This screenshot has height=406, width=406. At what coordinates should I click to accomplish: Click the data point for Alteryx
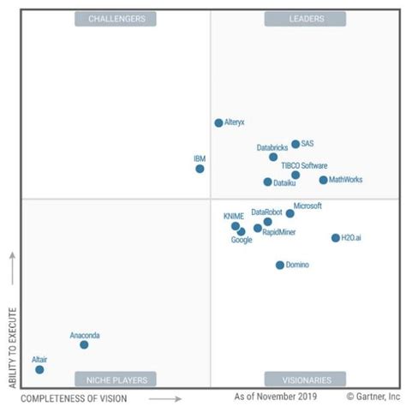218,123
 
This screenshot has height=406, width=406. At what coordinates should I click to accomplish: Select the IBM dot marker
200,169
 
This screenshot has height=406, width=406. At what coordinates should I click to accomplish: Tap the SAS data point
296,145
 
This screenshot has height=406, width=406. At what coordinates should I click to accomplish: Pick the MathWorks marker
323,181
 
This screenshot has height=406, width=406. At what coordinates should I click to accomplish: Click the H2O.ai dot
336,238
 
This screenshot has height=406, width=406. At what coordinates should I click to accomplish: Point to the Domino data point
279,266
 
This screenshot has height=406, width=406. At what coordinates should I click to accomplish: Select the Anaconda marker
84,344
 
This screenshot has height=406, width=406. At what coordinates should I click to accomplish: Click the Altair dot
39,369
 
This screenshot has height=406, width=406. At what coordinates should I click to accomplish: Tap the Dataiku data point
267,182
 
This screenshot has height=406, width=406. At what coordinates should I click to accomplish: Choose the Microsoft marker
290,213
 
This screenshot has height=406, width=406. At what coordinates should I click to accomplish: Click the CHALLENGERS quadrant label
116,18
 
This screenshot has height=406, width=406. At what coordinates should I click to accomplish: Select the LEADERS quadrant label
305,18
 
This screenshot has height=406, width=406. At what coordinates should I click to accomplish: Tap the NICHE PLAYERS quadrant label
116,379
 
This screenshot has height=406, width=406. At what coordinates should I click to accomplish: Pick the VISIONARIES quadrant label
305,379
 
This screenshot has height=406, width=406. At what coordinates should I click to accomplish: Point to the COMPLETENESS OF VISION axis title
74,398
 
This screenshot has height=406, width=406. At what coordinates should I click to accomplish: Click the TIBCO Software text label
304,166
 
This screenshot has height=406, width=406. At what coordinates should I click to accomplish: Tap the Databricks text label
272,148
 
